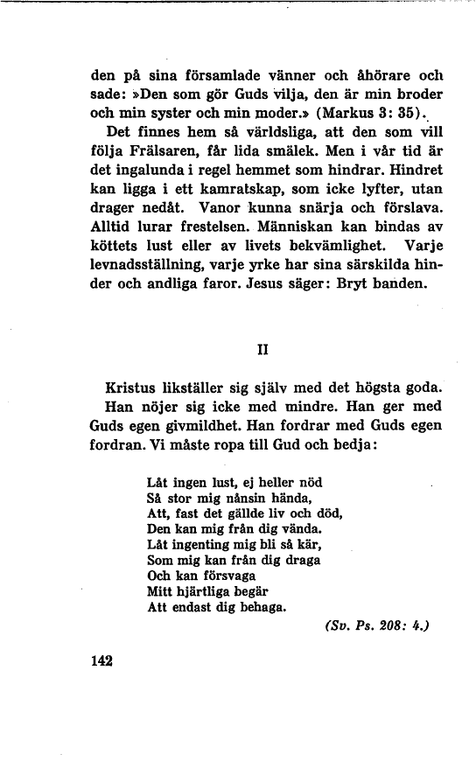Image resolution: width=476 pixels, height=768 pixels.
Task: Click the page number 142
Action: click(x=102, y=660)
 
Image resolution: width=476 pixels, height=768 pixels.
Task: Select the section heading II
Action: click(x=260, y=348)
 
